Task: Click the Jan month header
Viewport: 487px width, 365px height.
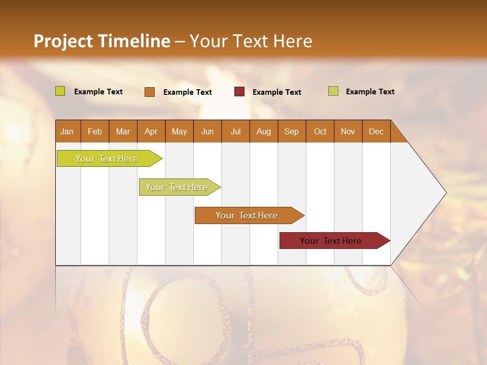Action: [x=67, y=131]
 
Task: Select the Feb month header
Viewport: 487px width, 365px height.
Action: [x=95, y=131]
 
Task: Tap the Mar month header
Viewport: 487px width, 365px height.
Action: [x=123, y=131]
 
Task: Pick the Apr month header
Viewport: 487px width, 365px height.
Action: [x=151, y=131]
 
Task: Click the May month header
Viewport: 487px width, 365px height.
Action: [x=179, y=131]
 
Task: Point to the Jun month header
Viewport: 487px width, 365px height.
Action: [x=207, y=131]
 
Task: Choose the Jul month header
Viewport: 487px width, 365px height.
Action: [x=235, y=131]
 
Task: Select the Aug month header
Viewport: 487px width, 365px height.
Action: [x=264, y=131]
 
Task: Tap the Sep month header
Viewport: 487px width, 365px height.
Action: [x=292, y=131]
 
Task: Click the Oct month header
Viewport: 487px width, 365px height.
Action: [x=320, y=131]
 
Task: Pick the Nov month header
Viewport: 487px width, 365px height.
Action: [x=348, y=131]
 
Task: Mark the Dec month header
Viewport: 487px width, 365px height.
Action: [x=376, y=131]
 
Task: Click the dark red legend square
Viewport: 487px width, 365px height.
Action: [x=239, y=92]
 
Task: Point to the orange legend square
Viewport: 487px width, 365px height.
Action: [x=150, y=92]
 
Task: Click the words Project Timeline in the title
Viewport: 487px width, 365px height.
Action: [x=102, y=41]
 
